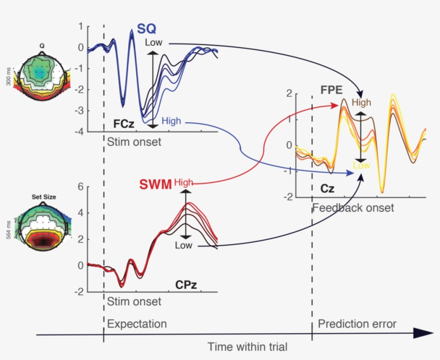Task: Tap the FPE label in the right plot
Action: pos(332,90)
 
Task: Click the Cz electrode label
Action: pos(326,189)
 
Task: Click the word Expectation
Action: pos(137,324)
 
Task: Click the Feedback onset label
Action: pos(353,208)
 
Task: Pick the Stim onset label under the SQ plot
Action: pos(134,142)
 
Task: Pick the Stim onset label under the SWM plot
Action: pos(134,302)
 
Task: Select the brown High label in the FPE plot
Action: pos(361,102)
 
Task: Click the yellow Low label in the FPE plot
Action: pos(361,166)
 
